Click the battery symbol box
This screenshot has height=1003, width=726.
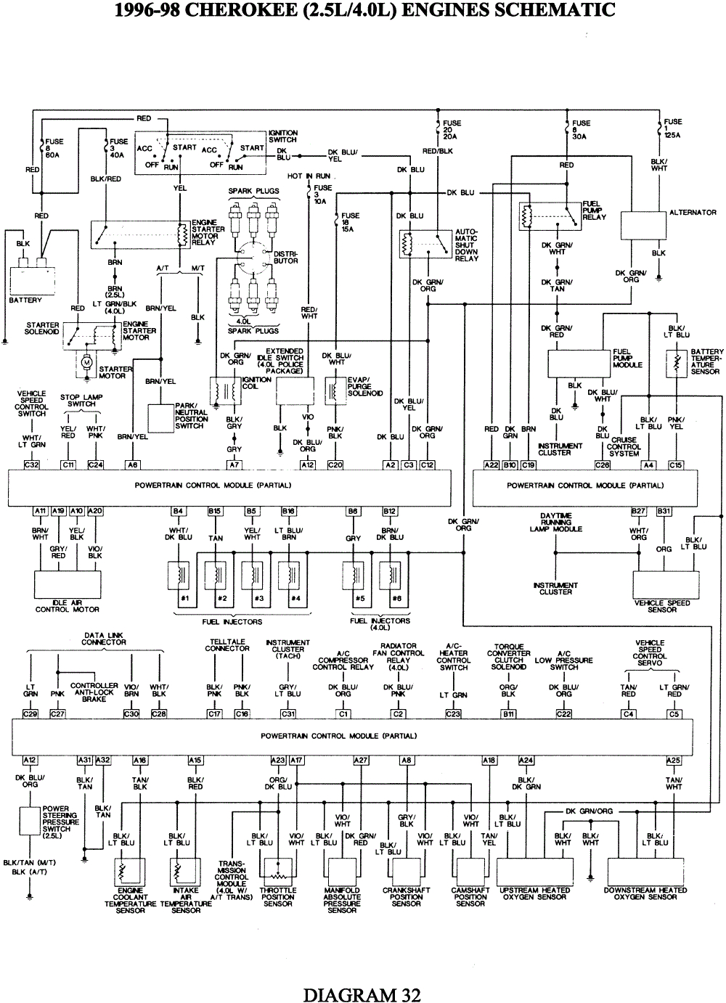tap(32, 279)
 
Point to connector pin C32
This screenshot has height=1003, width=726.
tap(31, 464)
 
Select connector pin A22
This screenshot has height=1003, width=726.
tap(492, 464)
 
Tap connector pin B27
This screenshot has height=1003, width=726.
tap(638, 511)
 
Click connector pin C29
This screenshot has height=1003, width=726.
tap(30, 714)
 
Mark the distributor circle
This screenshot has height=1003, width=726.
tap(253, 258)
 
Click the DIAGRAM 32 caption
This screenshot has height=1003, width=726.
tap(362, 994)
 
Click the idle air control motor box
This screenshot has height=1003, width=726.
tap(68, 584)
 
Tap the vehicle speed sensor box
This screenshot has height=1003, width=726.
tap(662, 584)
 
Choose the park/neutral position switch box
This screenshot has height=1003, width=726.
tap(160, 418)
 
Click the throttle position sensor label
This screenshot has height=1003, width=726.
tap(278, 897)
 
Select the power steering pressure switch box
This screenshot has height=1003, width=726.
tap(30, 818)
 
